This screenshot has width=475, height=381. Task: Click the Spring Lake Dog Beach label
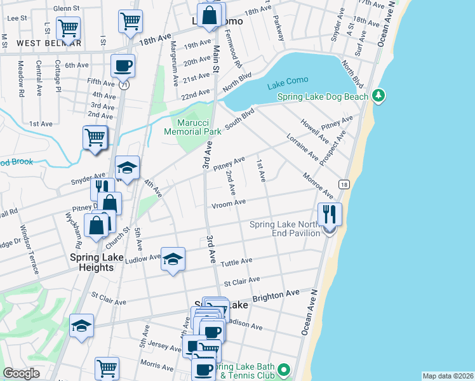[323, 97]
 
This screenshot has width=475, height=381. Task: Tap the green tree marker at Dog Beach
[379, 95]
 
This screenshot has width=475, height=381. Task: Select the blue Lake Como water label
[288, 80]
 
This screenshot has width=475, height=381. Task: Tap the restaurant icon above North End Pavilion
[330, 214]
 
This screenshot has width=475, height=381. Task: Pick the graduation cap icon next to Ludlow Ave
[173, 259]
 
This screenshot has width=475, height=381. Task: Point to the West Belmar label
[49, 43]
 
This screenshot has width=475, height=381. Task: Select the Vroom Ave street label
[228, 203]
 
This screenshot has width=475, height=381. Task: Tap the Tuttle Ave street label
[236, 261]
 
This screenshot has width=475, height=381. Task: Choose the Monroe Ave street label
[318, 185]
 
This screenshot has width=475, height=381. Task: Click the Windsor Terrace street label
[29, 249]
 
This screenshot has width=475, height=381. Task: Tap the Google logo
[21, 373]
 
